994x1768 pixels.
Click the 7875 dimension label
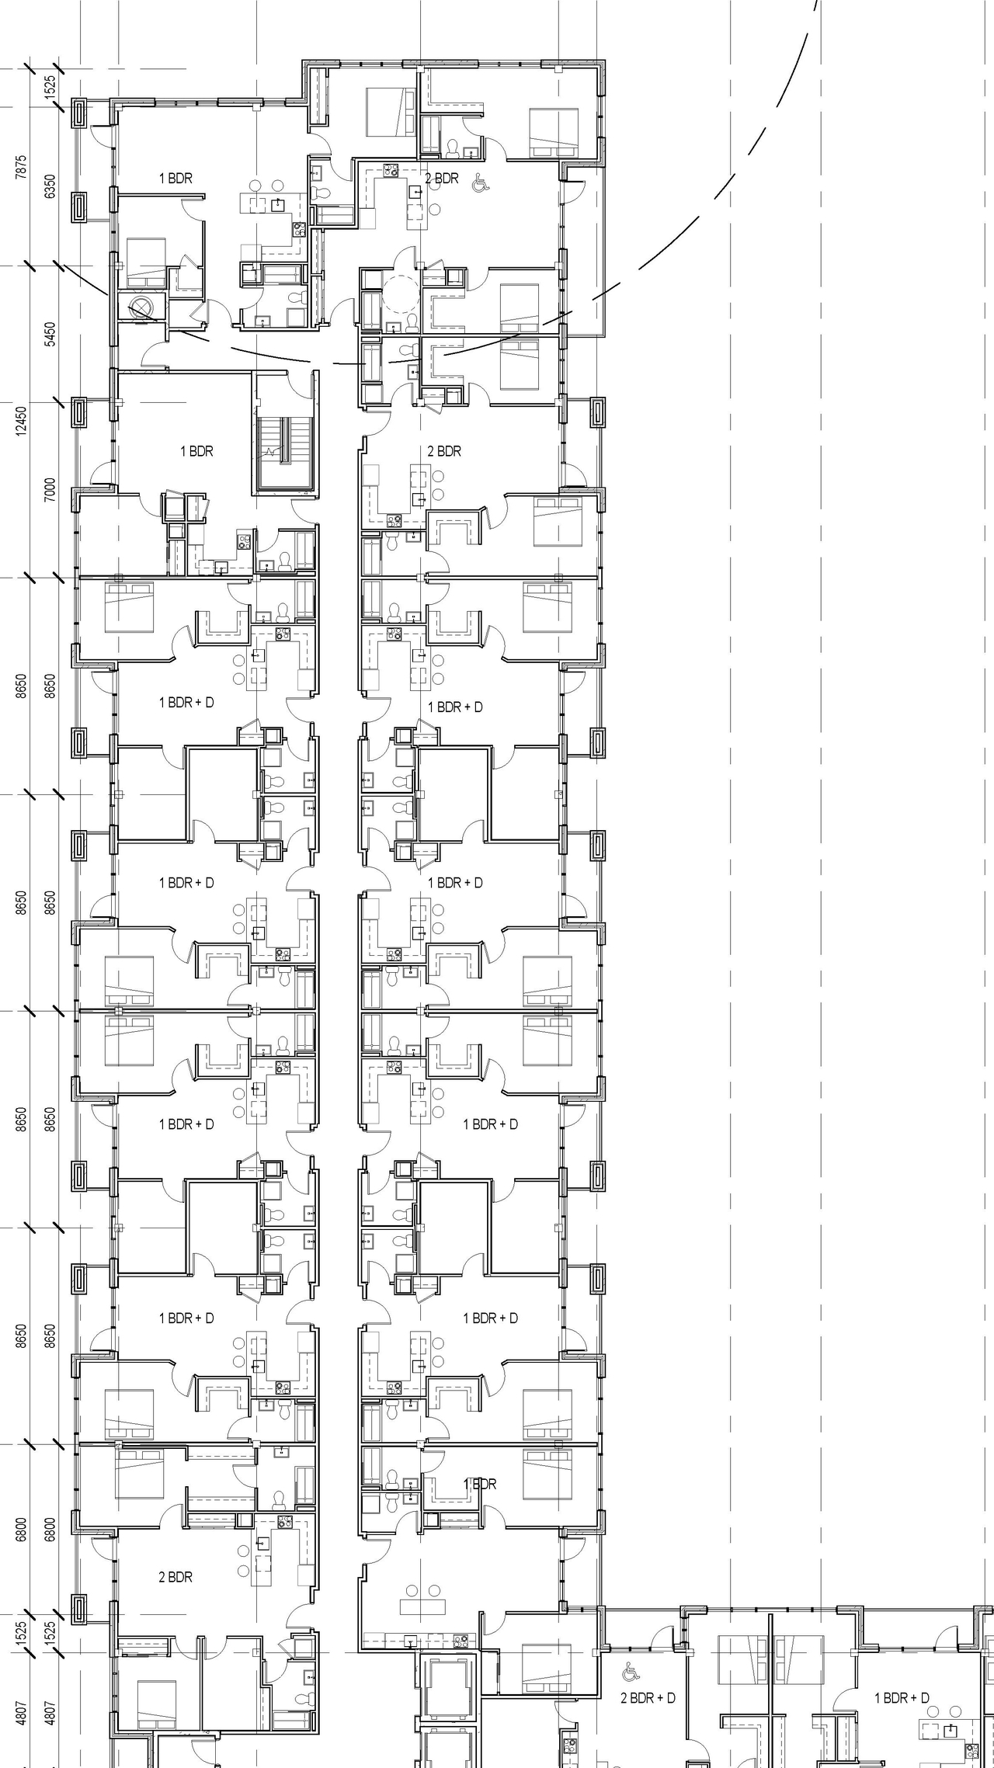point(21,167)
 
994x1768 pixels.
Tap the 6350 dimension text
point(50,186)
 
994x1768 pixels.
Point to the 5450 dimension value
point(50,334)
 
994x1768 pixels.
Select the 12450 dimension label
point(21,420)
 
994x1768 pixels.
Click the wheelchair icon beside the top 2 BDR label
point(480,182)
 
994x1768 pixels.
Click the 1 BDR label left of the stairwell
point(196,451)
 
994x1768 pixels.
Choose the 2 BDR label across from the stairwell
point(444,451)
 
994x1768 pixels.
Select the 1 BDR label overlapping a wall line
point(479,1484)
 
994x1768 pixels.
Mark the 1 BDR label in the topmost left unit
point(176,179)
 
